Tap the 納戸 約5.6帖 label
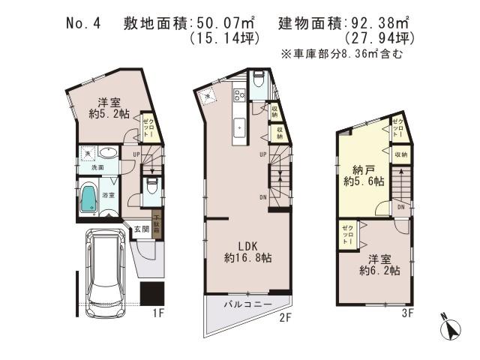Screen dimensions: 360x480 pyautogui.click(x=364, y=175)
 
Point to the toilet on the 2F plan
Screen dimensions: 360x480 pyautogui.click(x=257, y=80)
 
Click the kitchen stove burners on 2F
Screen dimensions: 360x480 pyautogui.click(x=241, y=95)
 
